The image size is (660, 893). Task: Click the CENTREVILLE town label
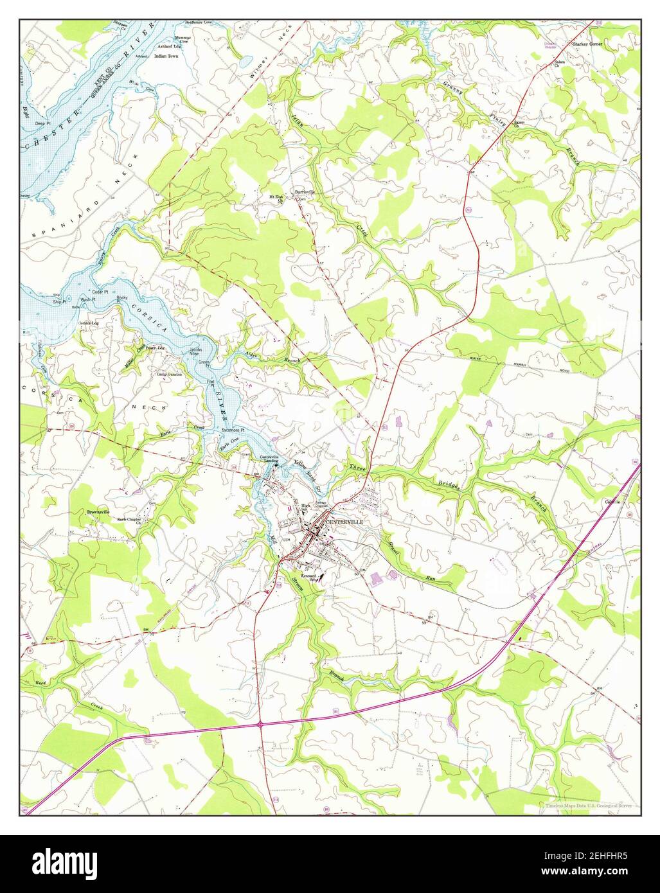(x=344, y=522)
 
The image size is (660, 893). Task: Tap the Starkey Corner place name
(x=587, y=45)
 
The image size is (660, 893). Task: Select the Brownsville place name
(x=100, y=512)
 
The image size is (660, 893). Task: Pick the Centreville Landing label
(x=269, y=459)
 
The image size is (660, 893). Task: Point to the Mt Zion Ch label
(x=276, y=197)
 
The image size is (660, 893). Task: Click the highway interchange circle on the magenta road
(x=262, y=724)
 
